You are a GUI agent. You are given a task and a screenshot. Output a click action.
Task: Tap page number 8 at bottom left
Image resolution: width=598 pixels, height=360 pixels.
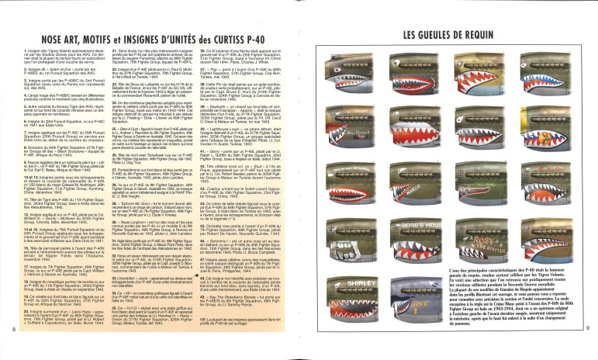[15, 351]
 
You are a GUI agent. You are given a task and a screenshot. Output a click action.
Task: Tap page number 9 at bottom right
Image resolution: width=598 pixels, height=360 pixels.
[587, 351]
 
